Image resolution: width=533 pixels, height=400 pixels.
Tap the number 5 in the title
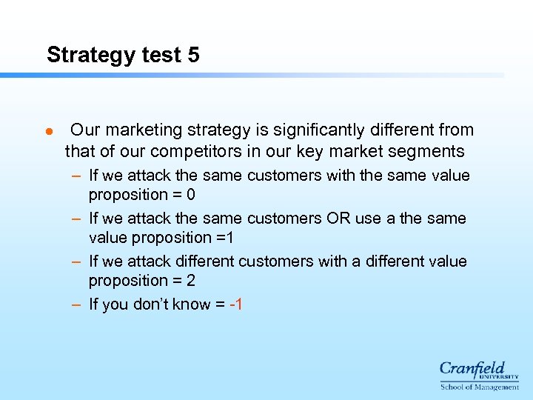click(x=193, y=56)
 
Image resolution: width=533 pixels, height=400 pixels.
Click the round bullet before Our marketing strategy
click(x=49, y=132)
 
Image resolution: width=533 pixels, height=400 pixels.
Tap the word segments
click(x=429, y=152)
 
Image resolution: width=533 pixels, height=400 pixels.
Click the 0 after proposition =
click(x=191, y=195)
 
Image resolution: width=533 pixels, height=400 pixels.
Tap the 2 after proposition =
click(x=191, y=281)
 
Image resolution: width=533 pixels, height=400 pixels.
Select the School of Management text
click(x=479, y=387)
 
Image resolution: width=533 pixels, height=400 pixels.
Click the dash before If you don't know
click(x=77, y=304)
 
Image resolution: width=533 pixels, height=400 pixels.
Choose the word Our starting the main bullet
click(x=85, y=130)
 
